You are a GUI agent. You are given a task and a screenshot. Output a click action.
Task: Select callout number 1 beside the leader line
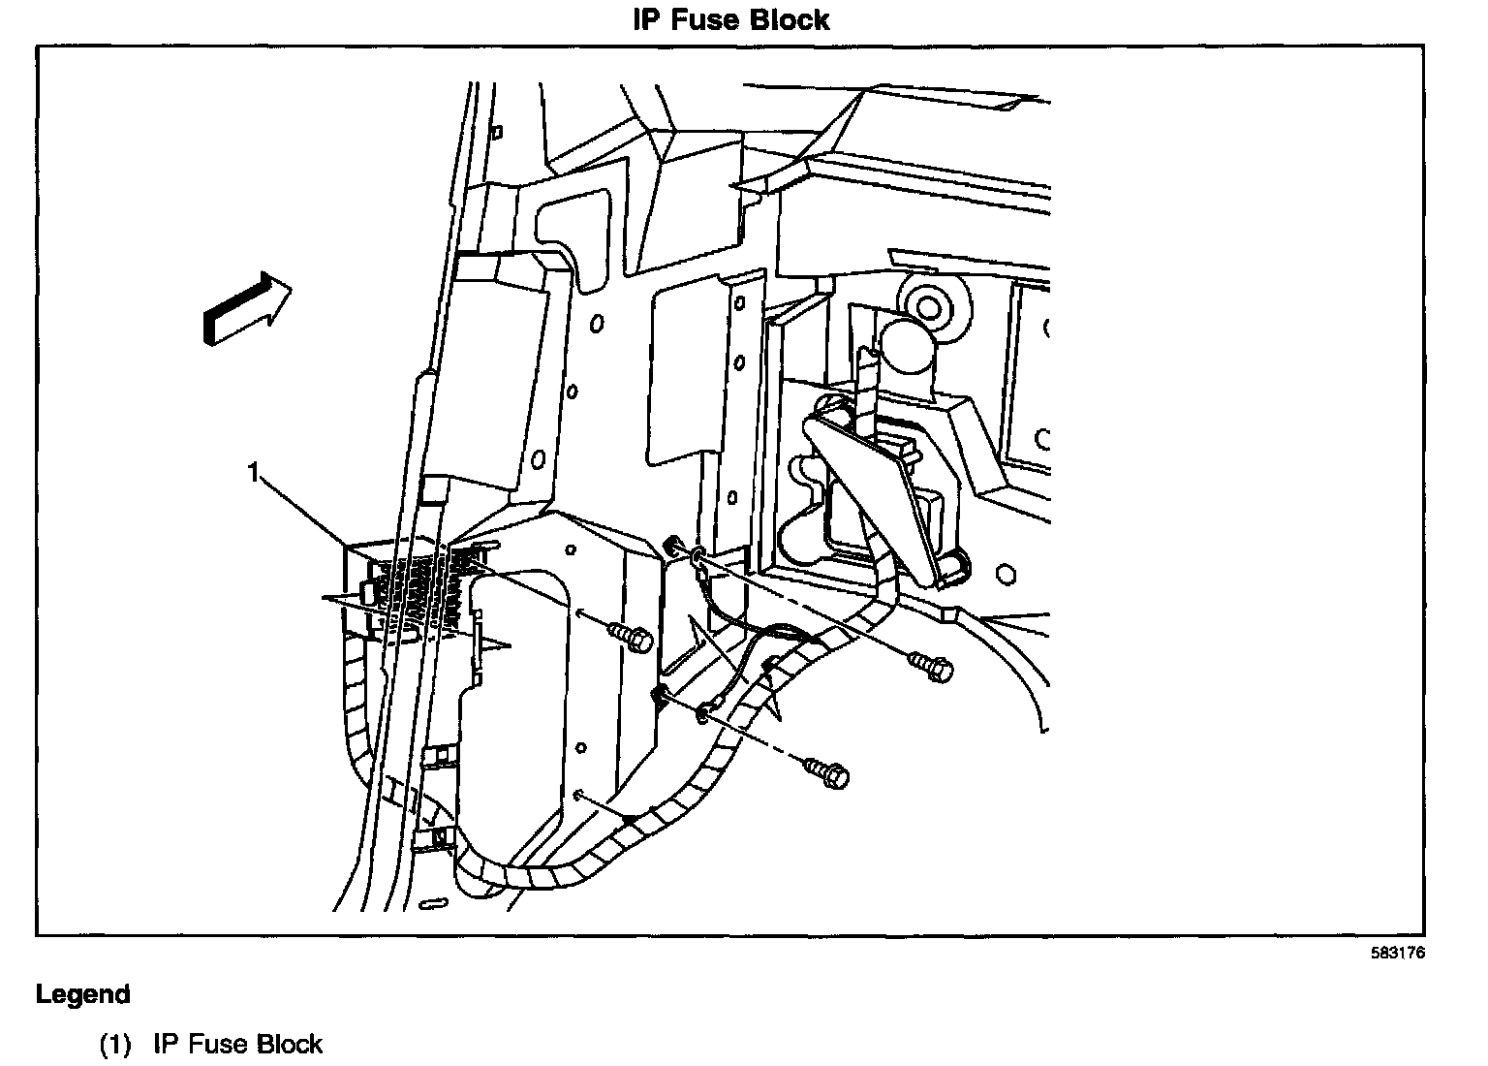pyautogui.click(x=254, y=473)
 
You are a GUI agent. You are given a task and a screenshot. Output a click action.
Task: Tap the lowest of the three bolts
pyautogui.click(x=827, y=772)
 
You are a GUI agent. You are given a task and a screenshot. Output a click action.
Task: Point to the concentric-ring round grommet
pyautogui.click(x=928, y=306)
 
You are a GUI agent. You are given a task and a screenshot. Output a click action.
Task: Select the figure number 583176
pyautogui.click(x=1397, y=953)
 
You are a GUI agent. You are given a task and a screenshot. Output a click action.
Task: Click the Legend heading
pyautogui.click(x=82, y=994)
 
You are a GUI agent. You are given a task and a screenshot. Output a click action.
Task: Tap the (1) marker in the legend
pyautogui.click(x=114, y=1044)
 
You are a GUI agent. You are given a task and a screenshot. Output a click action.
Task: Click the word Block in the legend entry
pyautogui.click(x=289, y=1044)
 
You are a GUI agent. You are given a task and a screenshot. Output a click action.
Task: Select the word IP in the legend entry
pyautogui.click(x=165, y=1044)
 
